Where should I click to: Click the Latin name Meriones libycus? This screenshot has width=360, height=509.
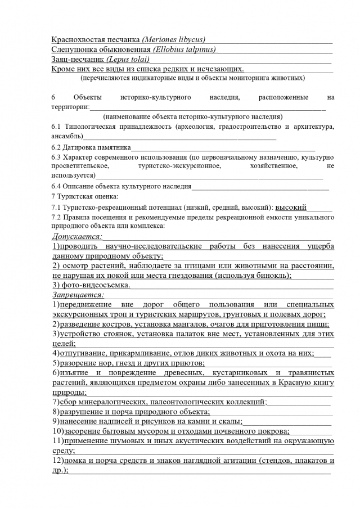point(174,39)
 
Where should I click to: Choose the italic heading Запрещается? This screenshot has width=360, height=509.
point(78,294)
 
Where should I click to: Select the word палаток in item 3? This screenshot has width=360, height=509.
point(196,334)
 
